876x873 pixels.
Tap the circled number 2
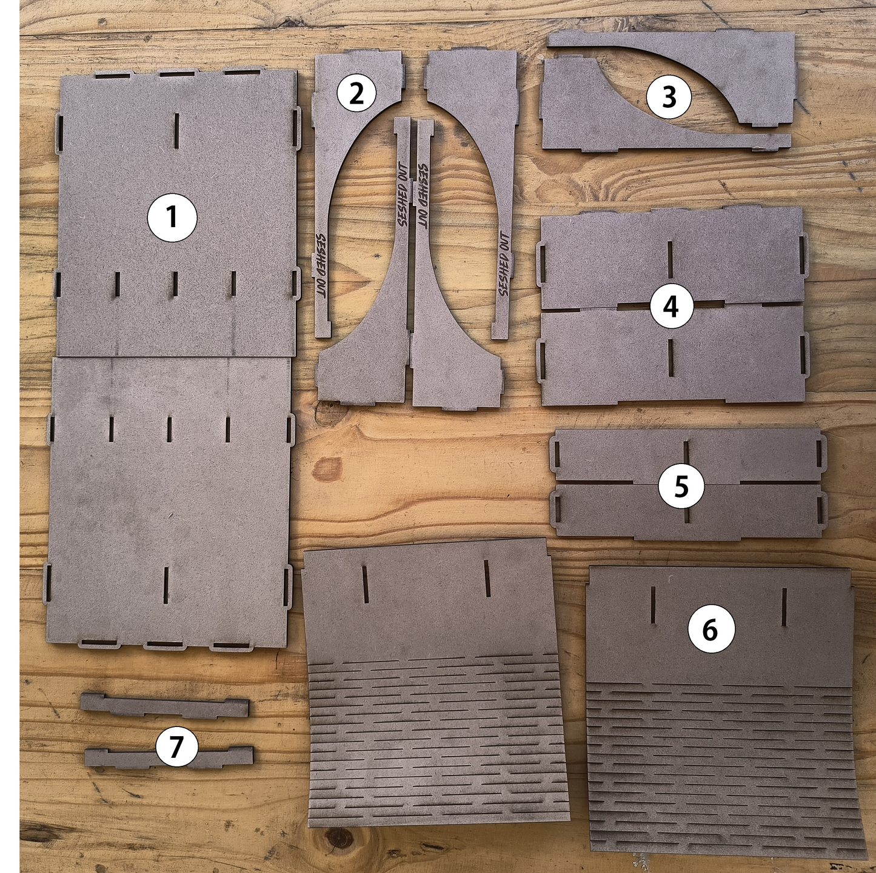[x=356, y=93]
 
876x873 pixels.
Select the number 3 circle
[x=669, y=97]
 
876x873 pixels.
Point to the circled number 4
[x=670, y=307]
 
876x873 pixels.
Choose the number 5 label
[x=681, y=486]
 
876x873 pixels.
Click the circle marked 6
[x=710, y=630]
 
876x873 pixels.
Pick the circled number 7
[x=176, y=746]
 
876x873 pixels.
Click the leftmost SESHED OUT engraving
[x=320, y=265]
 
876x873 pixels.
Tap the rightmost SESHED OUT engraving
[x=504, y=264]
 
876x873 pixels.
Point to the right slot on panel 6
[x=784, y=606]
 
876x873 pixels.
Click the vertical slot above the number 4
[x=670, y=262]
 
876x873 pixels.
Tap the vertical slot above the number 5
[x=686, y=455]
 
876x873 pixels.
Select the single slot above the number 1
[x=176, y=130]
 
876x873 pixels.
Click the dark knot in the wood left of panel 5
[x=328, y=470]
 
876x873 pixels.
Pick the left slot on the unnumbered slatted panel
[x=366, y=584]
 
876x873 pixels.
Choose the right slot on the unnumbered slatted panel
[x=487, y=578]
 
